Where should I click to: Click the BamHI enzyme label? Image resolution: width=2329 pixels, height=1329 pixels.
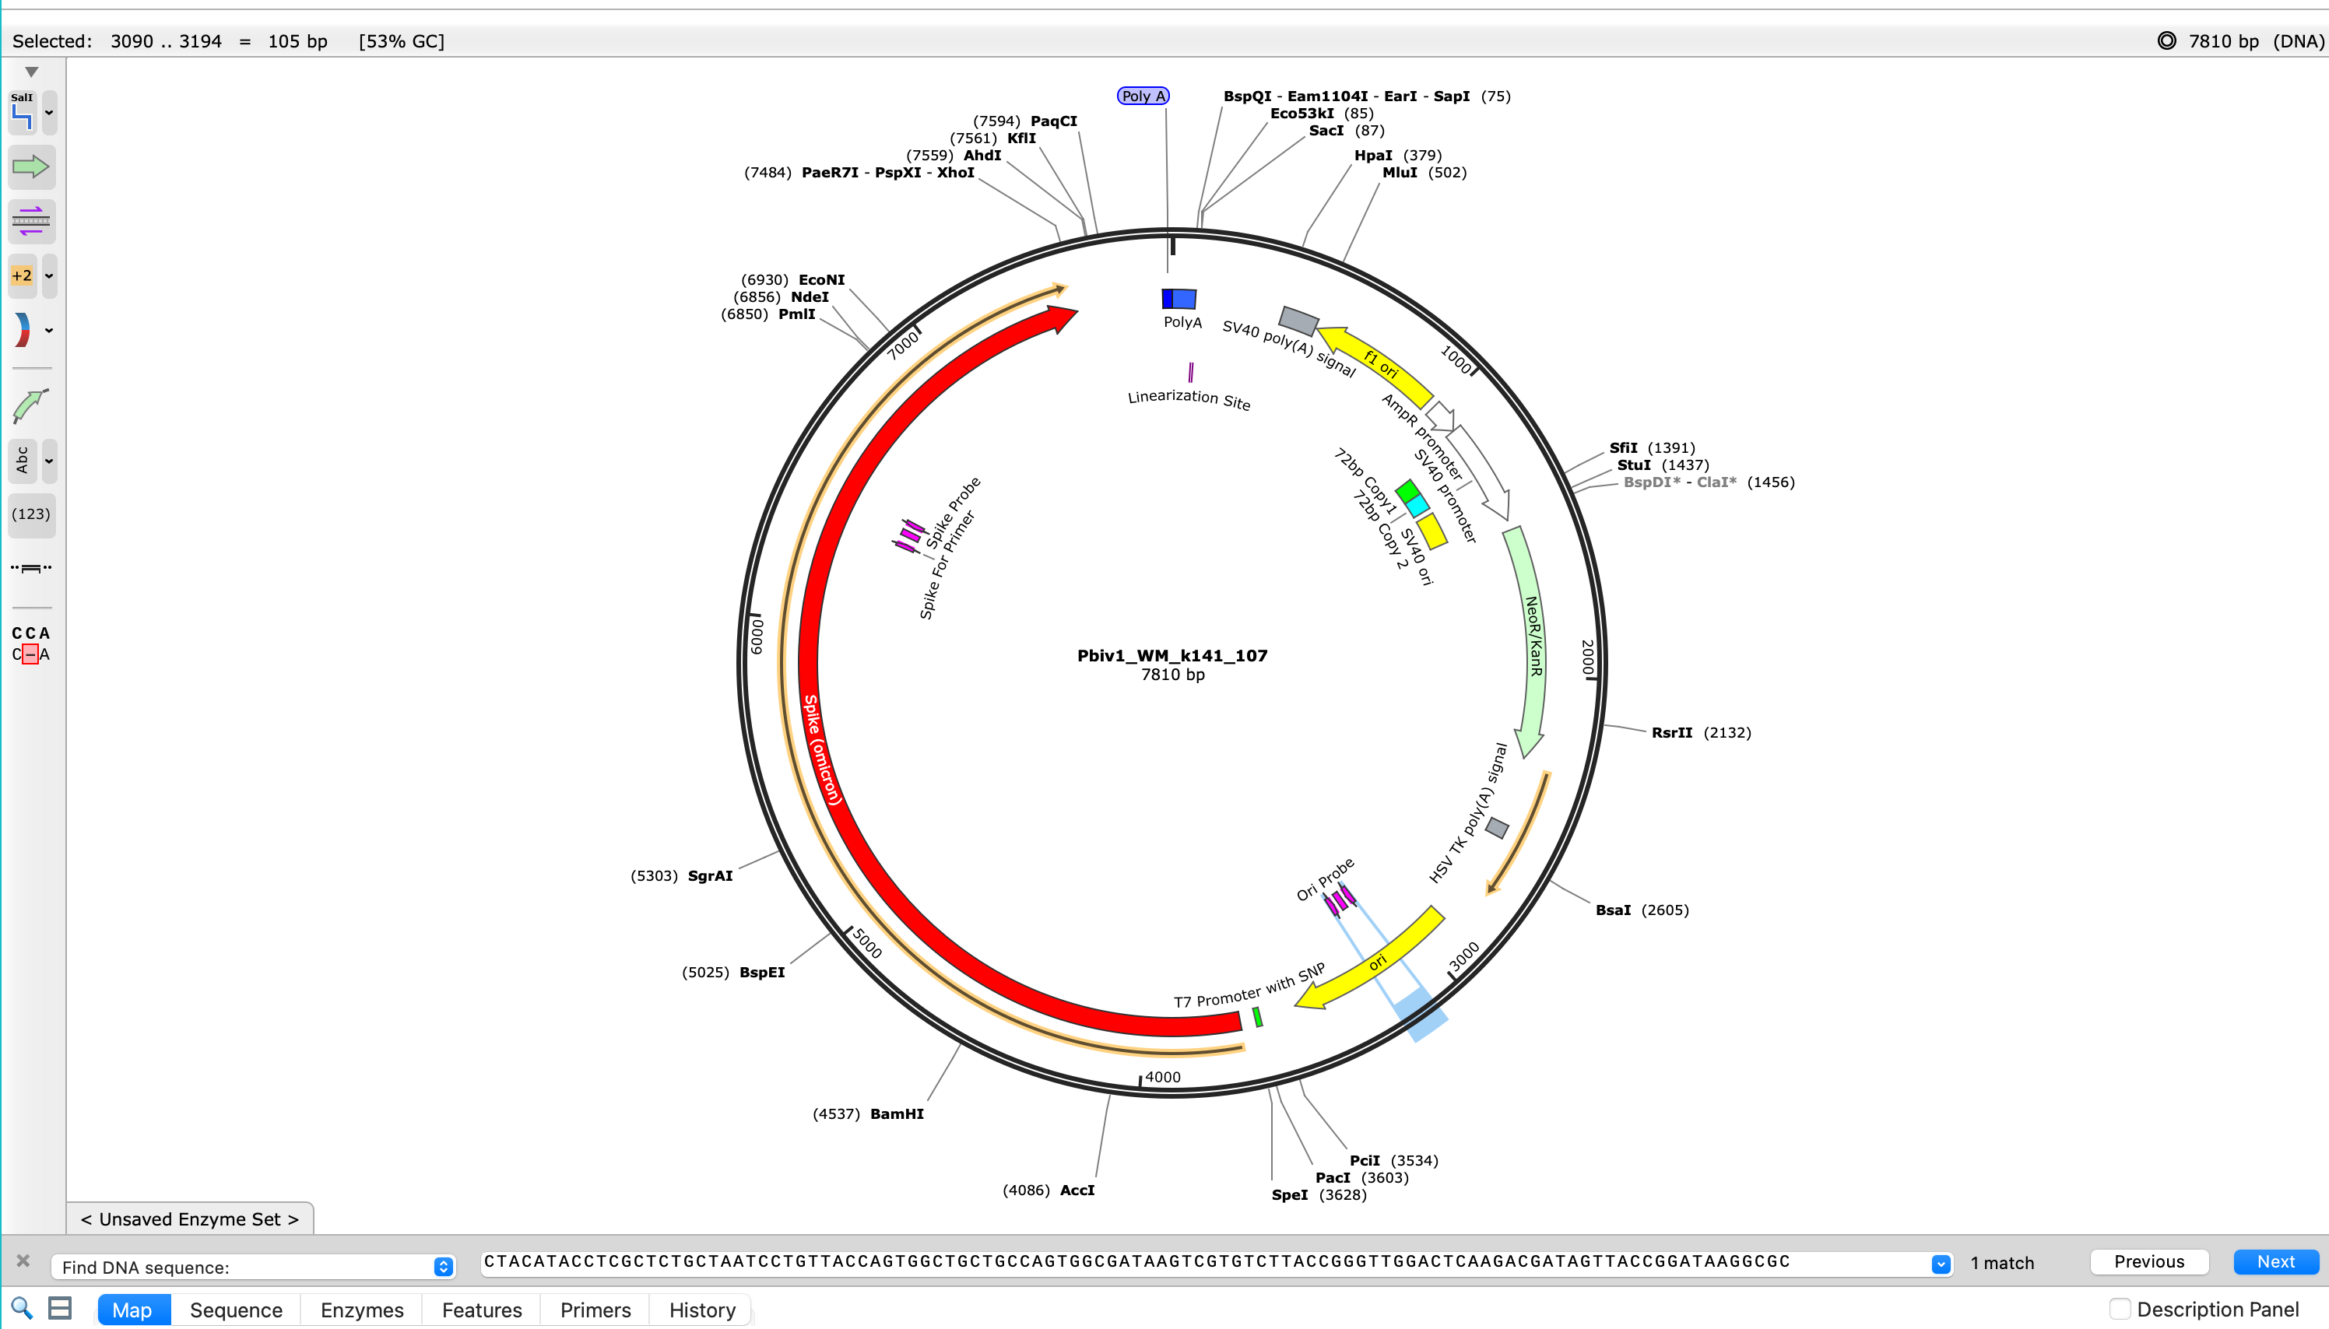896,1113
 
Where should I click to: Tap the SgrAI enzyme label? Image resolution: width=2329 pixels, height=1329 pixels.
709,875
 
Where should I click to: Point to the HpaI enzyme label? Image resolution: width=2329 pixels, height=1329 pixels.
1372,155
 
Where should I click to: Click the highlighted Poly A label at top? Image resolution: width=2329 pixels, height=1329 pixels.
1142,96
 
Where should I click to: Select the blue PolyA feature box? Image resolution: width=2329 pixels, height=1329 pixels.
1178,299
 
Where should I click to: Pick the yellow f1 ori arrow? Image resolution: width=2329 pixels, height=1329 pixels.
1379,363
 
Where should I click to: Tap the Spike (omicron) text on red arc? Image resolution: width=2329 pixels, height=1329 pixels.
822,749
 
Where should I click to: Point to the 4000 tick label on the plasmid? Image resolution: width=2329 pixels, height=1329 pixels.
1162,1077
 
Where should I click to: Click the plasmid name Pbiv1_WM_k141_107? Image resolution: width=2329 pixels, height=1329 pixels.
1172,655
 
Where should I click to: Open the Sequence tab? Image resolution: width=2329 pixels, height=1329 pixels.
236,1310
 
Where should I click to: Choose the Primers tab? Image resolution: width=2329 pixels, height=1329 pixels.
595,1310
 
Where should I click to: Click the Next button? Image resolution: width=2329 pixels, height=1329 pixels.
2275,1261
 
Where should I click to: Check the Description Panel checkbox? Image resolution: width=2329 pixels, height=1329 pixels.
2120,1309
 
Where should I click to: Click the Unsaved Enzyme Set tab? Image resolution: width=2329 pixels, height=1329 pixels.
190,1219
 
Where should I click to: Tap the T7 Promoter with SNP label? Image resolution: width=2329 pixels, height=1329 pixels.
1249,987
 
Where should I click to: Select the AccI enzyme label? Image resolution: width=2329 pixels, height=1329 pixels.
1077,1190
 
